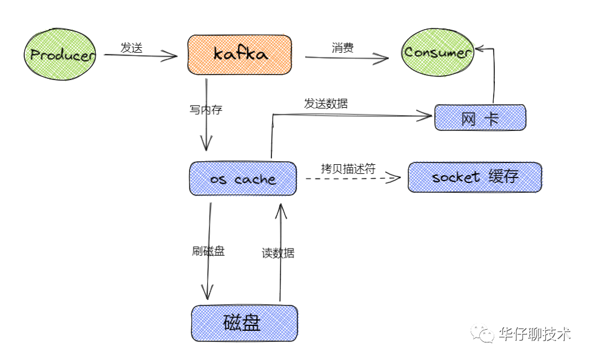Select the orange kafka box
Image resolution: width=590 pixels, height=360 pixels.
point(240,54)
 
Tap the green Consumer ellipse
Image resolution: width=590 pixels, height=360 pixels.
point(438,52)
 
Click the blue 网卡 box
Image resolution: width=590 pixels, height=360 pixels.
point(480,118)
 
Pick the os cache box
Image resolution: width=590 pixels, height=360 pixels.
point(243,179)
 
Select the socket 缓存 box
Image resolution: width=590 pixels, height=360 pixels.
point(474,177)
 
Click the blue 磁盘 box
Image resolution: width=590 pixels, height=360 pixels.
point(244,322)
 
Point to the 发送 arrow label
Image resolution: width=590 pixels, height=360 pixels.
point(131,48)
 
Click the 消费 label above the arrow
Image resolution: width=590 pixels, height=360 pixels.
point(343,48)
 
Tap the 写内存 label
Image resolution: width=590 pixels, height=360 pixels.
point(206,110)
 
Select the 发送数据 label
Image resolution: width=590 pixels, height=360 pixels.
point(326,104)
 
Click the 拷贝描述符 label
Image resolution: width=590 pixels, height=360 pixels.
point(348,169)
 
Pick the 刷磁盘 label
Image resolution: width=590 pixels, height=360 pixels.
point(208,251)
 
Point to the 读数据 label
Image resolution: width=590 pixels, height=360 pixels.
point(278,253)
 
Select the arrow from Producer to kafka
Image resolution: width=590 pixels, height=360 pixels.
point(141,56)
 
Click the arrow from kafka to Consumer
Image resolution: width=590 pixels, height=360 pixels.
point(346,58)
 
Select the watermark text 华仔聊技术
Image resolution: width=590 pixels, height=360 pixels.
point(535,334)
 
